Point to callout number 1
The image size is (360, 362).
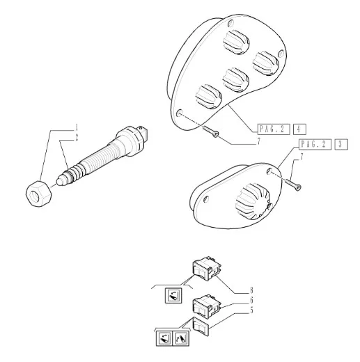[77, 127]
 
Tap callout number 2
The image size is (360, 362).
[77, 138]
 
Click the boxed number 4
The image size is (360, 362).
[299, 129]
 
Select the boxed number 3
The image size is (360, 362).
[341, 144]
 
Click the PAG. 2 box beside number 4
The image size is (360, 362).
[274, 129]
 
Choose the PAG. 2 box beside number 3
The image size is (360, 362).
[315, 144]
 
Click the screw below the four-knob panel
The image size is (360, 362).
[211, 132]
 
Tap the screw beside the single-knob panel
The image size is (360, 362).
[293, 185]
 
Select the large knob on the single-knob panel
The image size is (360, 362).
[253, 201]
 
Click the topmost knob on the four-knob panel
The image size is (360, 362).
[236, 42]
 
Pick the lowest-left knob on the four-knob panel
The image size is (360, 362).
[208, 96]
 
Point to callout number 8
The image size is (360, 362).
[251, 290]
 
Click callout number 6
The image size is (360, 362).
[251, 300]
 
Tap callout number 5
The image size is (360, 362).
[251, 310]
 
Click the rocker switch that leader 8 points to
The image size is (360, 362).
[206, 268]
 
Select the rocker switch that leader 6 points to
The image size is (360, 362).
[206, 306]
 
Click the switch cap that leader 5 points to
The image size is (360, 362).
[201, 326]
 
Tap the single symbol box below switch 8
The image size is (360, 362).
[173, 295]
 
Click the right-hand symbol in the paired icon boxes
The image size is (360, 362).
[180, 338]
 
